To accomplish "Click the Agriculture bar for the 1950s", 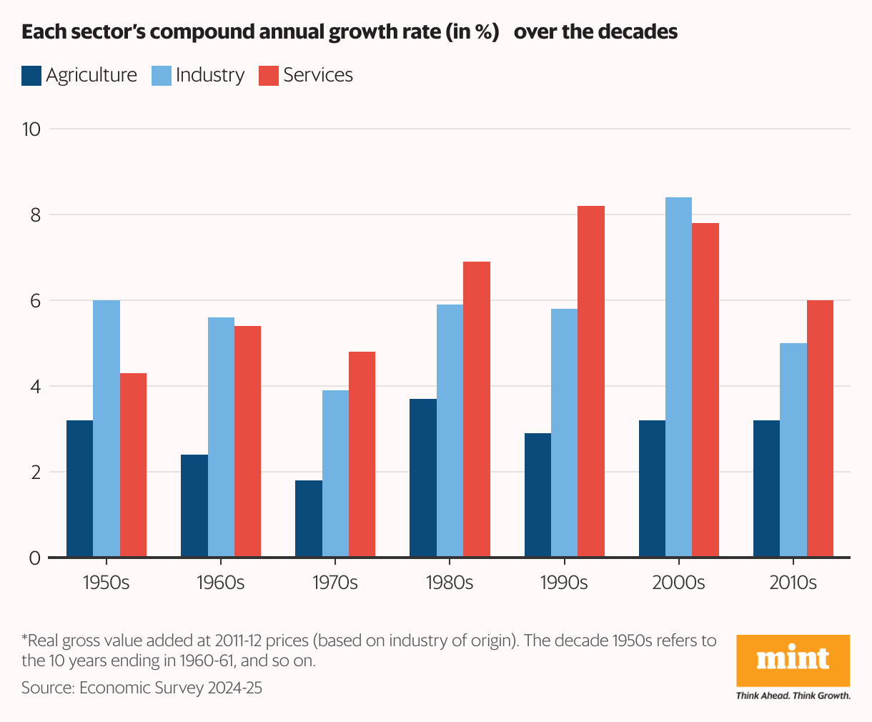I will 79,489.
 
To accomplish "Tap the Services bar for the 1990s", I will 591,382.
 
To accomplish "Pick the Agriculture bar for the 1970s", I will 308,519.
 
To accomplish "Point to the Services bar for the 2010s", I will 820,429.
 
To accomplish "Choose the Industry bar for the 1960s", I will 221,437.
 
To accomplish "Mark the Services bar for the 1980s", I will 477,410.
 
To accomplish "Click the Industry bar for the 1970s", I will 335,474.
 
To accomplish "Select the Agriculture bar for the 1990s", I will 537,495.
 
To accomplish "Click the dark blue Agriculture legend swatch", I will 31,76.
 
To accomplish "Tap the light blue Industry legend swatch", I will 162,76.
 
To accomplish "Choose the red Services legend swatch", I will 269,76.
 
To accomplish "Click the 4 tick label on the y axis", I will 34,387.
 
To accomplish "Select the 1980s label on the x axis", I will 450,583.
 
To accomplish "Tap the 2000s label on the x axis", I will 678,583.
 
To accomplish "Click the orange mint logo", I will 793,660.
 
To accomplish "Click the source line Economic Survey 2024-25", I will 142,688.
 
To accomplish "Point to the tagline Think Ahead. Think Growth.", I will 793,696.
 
